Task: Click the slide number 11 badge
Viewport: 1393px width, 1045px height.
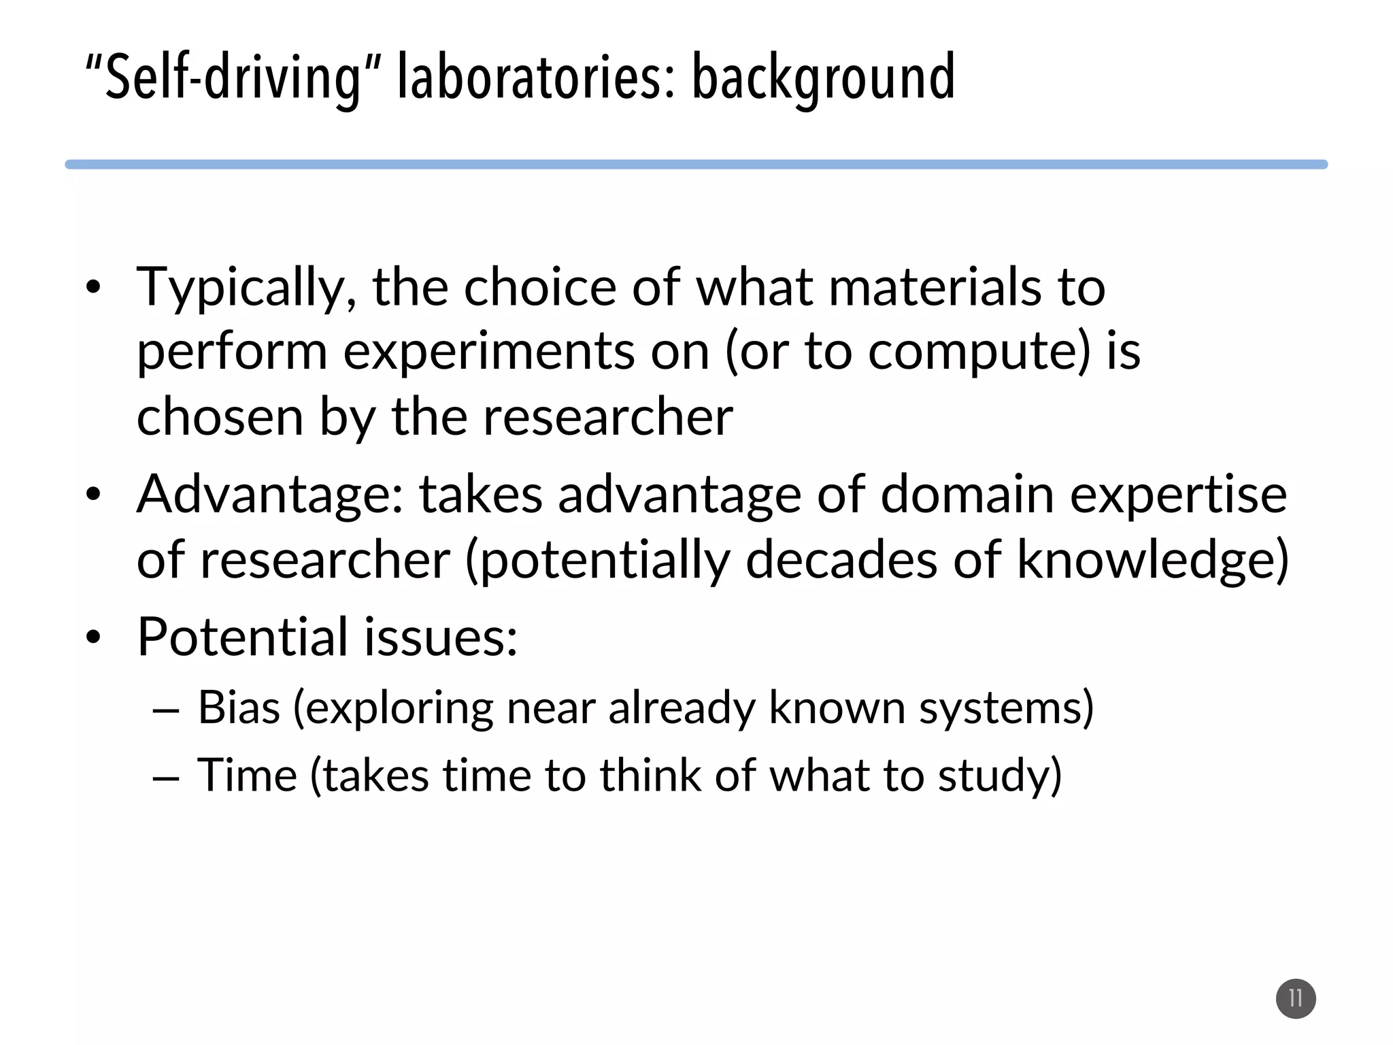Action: point(1296,999)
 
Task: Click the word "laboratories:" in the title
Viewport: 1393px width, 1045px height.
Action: point(537,78)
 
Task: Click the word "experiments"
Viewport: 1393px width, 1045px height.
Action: point(489,352)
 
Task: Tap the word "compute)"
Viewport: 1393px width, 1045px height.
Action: point(979,352)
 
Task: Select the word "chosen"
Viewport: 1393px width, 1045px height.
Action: point(220,416)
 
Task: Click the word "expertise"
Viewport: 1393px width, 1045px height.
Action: point(1178,495)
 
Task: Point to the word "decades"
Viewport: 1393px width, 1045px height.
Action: point(841,559)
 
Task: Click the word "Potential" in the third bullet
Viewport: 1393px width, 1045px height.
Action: point(243,637)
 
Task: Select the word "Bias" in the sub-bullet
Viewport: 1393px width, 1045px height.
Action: point(239,708)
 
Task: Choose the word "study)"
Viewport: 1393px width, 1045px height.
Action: point(999,776)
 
